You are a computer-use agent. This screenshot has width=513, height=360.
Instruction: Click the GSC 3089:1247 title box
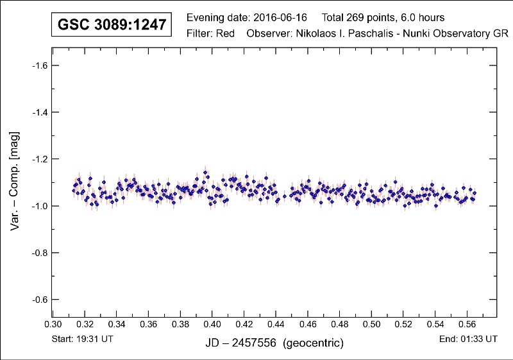(112, 25)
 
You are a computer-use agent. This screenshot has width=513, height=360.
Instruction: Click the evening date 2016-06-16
(271, 17)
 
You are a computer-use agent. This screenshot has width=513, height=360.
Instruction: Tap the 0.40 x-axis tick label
(212, 325)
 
